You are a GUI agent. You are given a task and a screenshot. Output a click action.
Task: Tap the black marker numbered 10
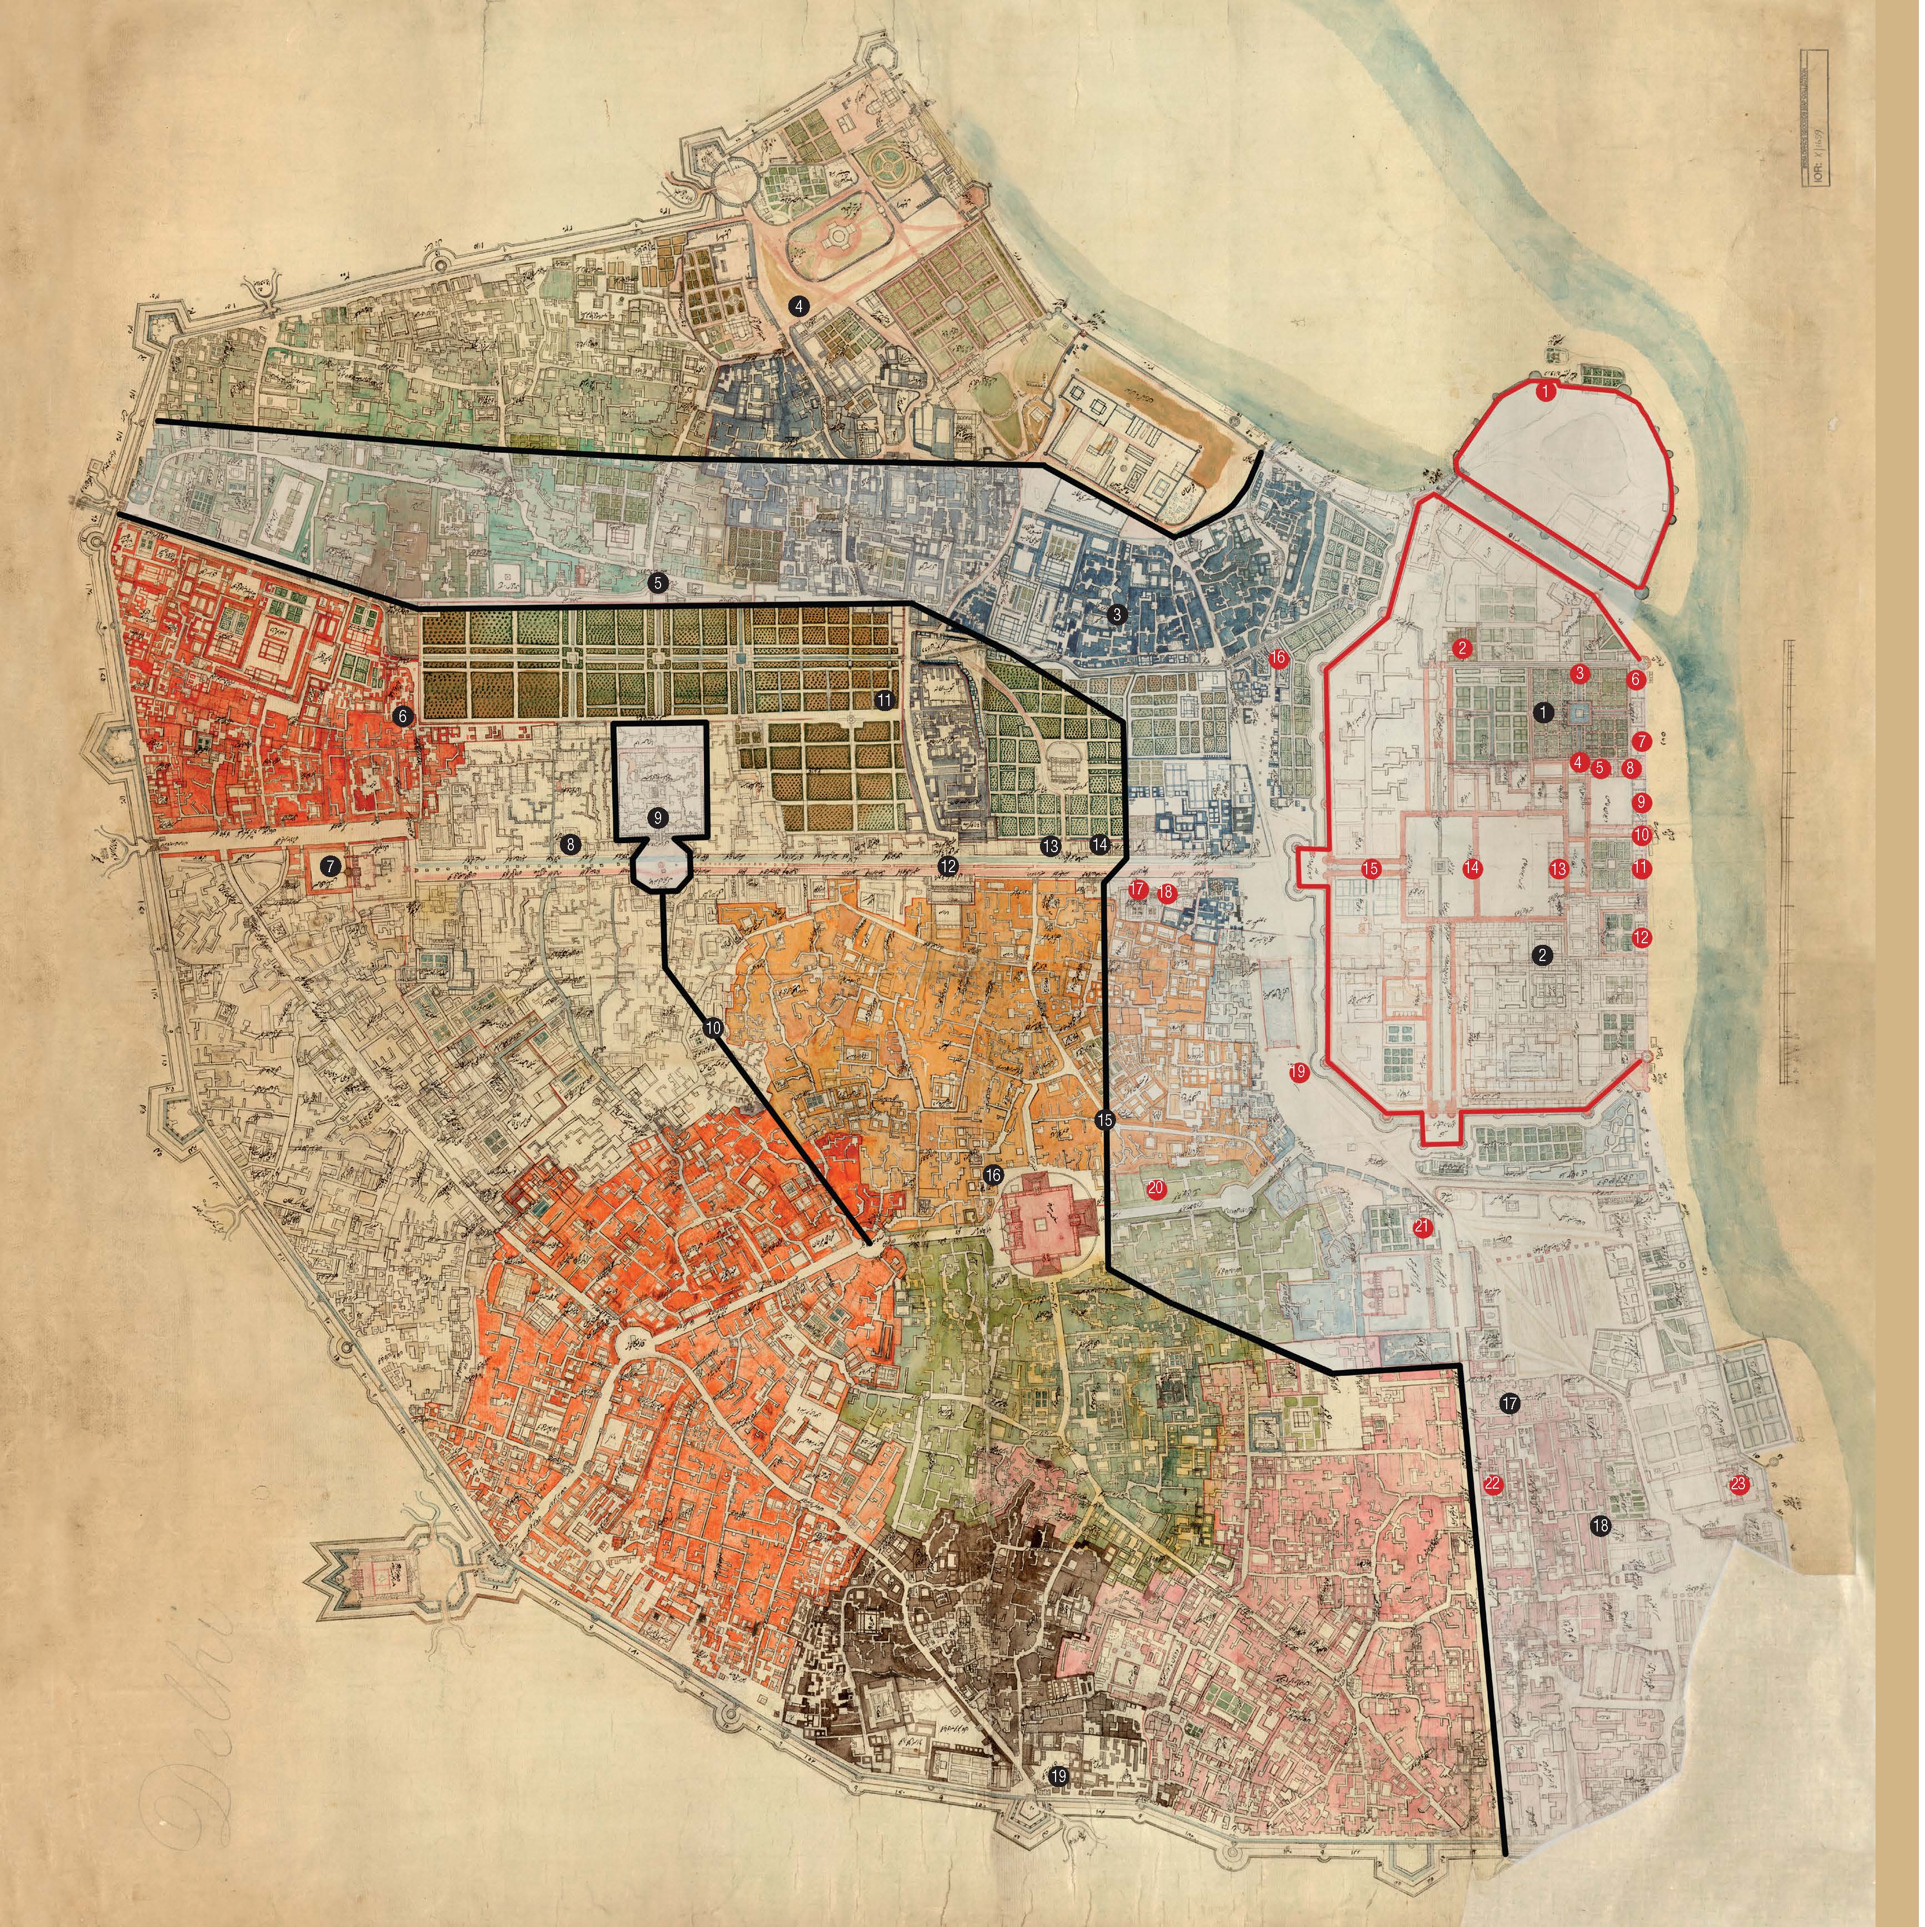click(713, 1027)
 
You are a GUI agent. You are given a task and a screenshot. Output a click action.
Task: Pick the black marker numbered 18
click(1601, 1526)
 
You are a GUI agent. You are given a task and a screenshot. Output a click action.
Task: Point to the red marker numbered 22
click(1492, 1484)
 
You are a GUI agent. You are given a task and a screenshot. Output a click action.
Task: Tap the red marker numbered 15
click(1371, 869)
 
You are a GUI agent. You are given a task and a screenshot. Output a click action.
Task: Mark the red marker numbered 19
click(1298, 1072)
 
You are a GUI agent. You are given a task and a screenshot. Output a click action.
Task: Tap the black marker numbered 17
click(1509, 1403)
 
